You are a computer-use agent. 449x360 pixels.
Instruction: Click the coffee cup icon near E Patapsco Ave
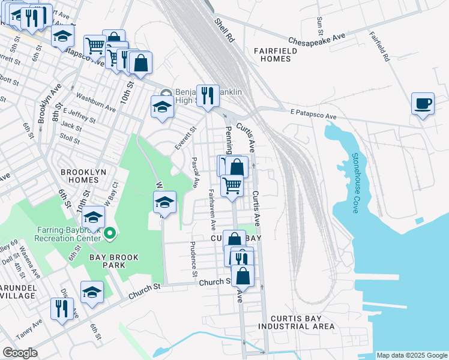pyautogui.click(x=423, y=104)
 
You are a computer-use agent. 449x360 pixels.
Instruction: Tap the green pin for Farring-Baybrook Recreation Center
pyautogui.click(x=110, y=233)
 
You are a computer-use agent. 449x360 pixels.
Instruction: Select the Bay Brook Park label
pyautogui.click(x=114, y=262)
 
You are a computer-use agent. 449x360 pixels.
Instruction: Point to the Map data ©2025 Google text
pyautogui.click(x=411, y=355)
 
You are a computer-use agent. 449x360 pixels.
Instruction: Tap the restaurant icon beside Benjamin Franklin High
pyautogui.click(x=207, y=95)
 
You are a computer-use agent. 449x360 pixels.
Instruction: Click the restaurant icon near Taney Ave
pyautogui.click(x=62, y=308)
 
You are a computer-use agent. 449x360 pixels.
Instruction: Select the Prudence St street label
pyautogui.click(x=193, y=259)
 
